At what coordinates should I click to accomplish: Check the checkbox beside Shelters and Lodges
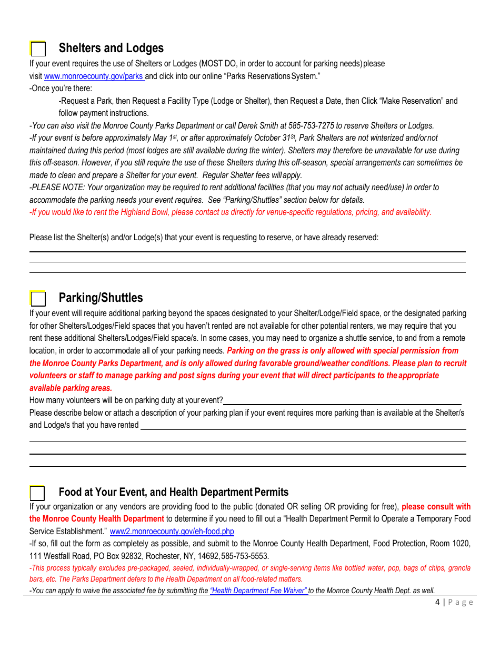pyautogui.click(x=38, y=49)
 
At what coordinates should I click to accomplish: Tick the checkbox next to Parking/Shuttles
pyautogui.click(x=38, y=299)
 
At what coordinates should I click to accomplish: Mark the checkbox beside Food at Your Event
pyautogui.click(x=38, y=493)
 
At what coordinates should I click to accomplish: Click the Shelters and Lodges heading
pyautogui.click(x=111, y=48)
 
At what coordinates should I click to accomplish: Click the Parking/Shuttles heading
pyautogui.click(x=101, y=298)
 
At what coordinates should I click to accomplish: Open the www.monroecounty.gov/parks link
pyautogui.click(x=94, y=76)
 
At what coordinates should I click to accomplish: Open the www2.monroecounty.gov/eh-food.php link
pyautogui.click(x=172, y=532)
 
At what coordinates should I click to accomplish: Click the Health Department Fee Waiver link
pyautogui.click(x=258, y=591)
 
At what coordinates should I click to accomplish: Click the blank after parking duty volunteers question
pyautogui.click(x=342, y=401)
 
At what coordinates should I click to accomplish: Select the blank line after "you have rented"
pyautogui.click(x=303, y=426)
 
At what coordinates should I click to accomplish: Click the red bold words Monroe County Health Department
pyautogui.click(x=97, y=519)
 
